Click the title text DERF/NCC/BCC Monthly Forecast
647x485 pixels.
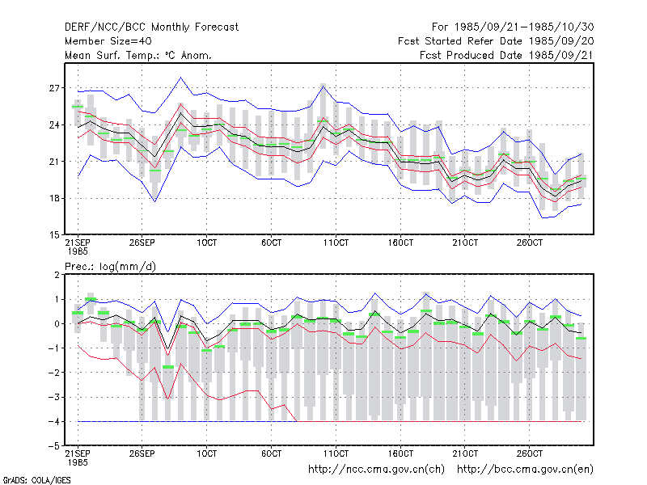[x=151, y=27]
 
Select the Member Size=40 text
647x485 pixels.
[x=108, y=41]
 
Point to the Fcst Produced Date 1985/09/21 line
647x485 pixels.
[x=507, y=55]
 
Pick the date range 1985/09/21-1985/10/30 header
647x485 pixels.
[x=513, y=27]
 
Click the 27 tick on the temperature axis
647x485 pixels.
[x=54, y=88]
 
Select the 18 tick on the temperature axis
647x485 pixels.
[x=54, y=198]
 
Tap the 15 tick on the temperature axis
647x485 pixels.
[x=54, y=235]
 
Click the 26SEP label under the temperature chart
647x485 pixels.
[x=142, y=242]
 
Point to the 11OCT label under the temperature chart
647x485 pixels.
[x=336, y=242]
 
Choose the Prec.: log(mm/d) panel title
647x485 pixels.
[x=110, y=267]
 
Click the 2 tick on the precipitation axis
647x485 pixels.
[x=57, y=275]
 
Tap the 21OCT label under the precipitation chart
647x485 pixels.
[x=465, y=453]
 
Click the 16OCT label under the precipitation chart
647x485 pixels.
[x=400, y=453]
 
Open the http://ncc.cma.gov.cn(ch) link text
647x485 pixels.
[x=377, y=470]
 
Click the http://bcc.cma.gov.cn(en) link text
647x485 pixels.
[x=525, y=470]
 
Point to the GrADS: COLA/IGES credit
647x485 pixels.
[x=36, y=480]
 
